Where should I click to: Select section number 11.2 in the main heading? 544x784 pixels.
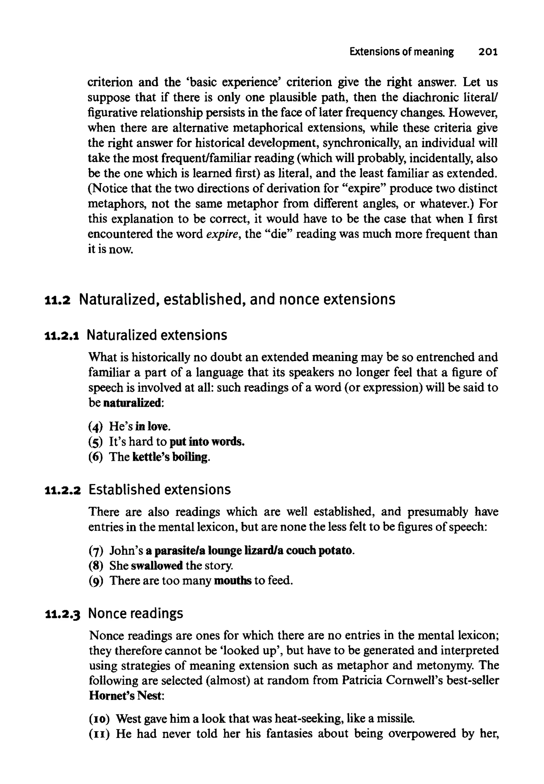click(57, 300)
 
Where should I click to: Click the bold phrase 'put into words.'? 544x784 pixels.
click(207, 442)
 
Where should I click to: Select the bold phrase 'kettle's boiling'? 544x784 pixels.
click(169, 457)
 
